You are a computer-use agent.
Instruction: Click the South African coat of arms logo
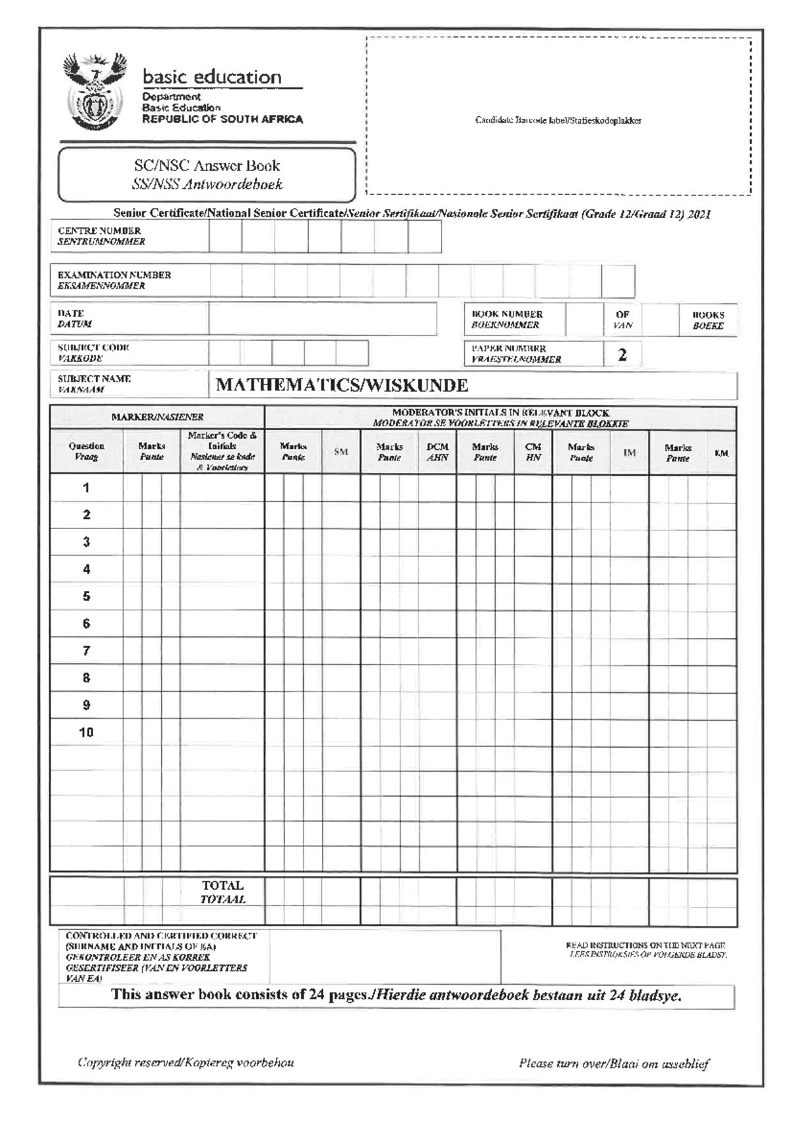tap(94, 92)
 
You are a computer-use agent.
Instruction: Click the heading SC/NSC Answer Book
tap(207, 166)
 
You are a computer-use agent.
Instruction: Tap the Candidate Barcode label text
tap(558, 120)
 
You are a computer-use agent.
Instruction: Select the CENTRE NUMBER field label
tap(100, 236)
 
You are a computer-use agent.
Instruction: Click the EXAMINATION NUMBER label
tap(114, 280)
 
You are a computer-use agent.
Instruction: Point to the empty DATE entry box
tap(323, 318)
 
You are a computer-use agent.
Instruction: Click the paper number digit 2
tap(622, 355)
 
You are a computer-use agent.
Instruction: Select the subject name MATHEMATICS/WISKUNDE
tap(342, 385)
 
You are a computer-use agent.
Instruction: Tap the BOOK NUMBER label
tap(507, 319)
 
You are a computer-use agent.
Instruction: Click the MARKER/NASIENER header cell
tap(157, 417)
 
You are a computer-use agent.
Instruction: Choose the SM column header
tap(341, 452)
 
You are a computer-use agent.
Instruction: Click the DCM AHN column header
tap(437, 452)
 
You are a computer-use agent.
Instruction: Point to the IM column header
tap(630, 452)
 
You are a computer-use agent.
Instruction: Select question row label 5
tap(86, 597)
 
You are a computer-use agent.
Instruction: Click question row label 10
tap(86, 732)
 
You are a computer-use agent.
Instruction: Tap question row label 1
tap(86, 488)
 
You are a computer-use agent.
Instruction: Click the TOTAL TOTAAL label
tap(222, 892)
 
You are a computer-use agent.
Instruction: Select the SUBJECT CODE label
tap(93, 352)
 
